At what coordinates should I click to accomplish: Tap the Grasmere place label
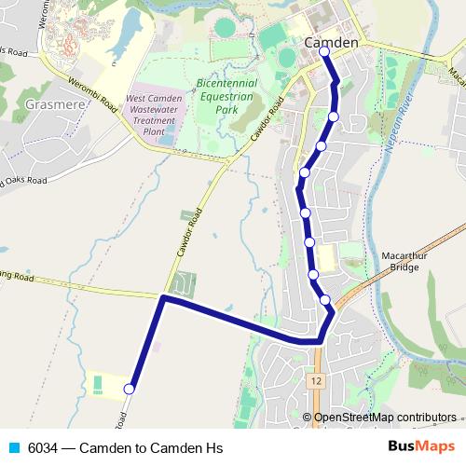point(56,103)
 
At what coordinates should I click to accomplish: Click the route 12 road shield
point(317,381)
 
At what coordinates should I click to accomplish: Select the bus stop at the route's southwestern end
point(130,389)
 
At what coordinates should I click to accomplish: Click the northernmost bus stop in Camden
point(324,52)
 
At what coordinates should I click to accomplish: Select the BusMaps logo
point(421,447)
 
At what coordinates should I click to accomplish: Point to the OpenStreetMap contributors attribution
point(385,418)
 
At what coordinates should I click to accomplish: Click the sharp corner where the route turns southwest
point(163,298)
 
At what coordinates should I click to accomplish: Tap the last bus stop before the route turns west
point(325,299)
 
